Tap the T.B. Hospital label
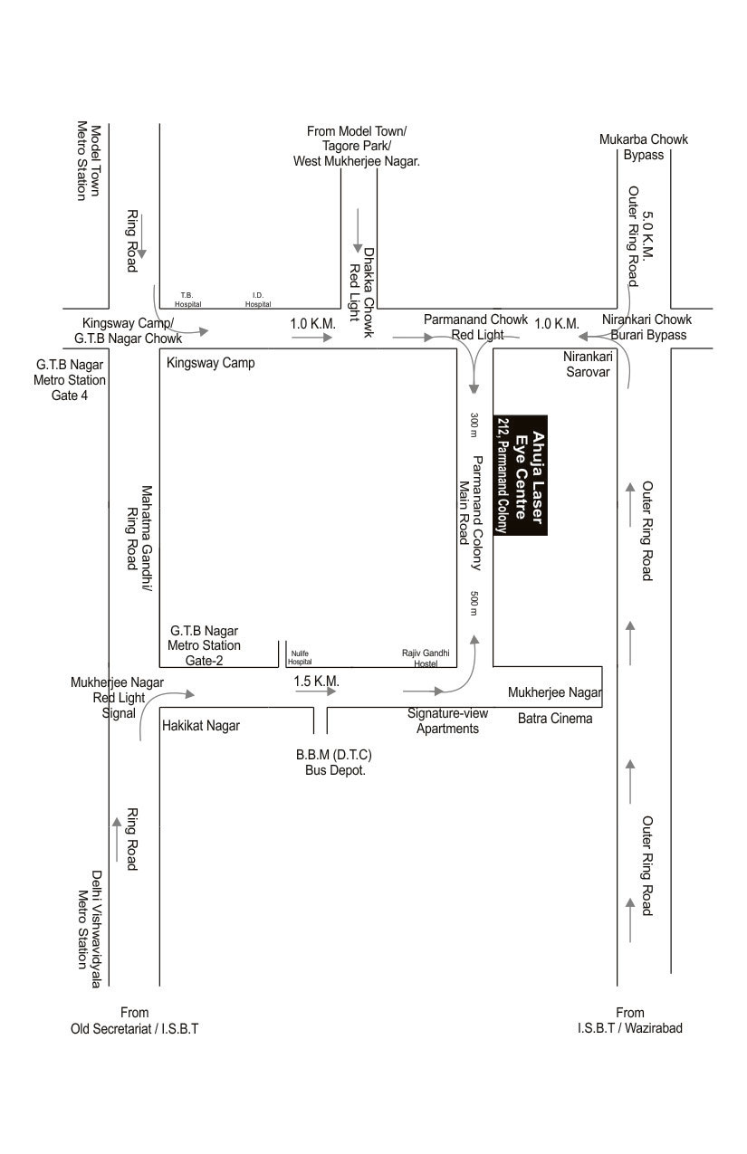click(x=187, y=300)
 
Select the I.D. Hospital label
click(x=258, y=300)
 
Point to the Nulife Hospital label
click(x=300, y=657)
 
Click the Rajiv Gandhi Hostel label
click(x=420, y=657)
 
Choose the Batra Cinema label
click(x=555, y=719)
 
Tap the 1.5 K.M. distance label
click(x=315, y=679)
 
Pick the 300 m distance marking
click(x=474, y=425)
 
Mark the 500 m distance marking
click(x=474, y=604)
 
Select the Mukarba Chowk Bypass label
click(x=644, y=147)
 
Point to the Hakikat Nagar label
click(x=201, y=725)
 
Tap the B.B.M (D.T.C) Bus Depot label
click(x=334, y=762)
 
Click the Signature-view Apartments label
click(x=447, y=720)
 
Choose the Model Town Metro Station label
click(x=89, y=161)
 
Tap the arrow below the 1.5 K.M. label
click(x=315, y=691)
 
